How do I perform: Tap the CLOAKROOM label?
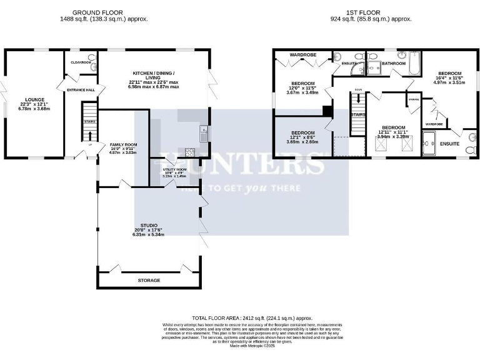pos(81,62)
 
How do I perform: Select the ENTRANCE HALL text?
pos(81,90)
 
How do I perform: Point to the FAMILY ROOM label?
pos(123,144)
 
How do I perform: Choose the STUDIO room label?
pos(148,225)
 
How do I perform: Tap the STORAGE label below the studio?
pos(149,281)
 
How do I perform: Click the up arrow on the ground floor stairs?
pos(88,136)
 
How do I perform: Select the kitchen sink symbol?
pos(202,132)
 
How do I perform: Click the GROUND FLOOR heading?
pos(97,12)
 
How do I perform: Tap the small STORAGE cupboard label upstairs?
pos(413,99)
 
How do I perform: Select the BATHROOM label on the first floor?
pos(394,63)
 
